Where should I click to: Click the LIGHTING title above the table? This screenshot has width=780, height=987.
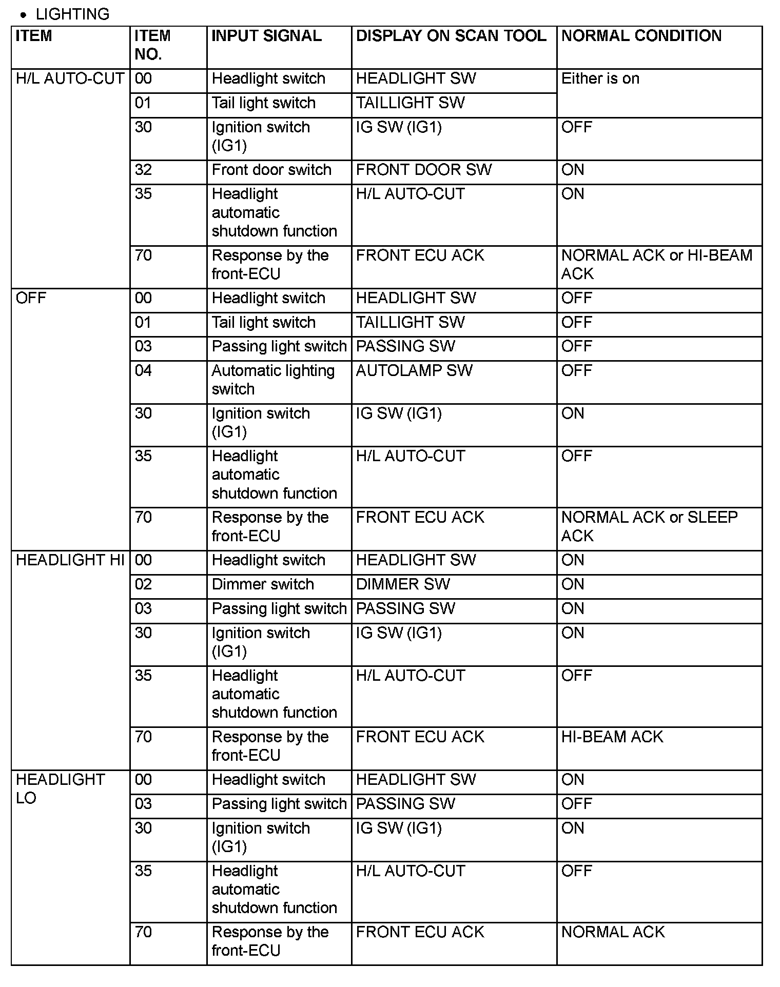tap(72, 14)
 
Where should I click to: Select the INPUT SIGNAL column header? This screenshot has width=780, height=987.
tap(266, 36)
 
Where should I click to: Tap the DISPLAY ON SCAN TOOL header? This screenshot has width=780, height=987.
tap(451, 36)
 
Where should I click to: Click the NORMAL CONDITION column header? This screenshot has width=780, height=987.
tap(641, 36)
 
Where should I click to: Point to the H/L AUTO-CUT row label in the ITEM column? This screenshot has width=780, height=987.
tap(70, 79)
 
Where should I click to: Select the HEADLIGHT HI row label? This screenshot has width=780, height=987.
tap(70, 560)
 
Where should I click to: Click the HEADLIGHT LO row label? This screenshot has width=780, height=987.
tap(60, 788)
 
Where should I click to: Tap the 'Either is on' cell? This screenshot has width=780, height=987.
tap(600, 79)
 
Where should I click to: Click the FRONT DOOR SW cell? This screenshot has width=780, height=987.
tap(423, 170)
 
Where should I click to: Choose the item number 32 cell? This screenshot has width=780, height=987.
tap(143, 170)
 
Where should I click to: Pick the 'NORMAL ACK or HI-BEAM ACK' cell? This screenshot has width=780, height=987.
tap(656, 264)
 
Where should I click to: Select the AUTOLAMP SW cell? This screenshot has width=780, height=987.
tap(414, 370)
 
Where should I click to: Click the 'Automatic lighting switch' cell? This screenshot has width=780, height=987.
tap(272, 380)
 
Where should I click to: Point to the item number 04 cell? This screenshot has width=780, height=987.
tap(143, 370)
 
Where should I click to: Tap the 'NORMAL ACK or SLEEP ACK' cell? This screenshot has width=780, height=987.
tap(649, 526)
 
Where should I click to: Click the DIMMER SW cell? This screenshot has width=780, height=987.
tap(403, 584)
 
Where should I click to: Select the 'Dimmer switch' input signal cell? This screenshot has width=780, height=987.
tap(262, 584)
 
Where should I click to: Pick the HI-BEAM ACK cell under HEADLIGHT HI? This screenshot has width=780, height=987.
tap(612, 737)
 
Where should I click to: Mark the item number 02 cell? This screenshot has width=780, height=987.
tap(143, 584)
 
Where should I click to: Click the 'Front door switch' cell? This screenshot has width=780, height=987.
tap(271, 170)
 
